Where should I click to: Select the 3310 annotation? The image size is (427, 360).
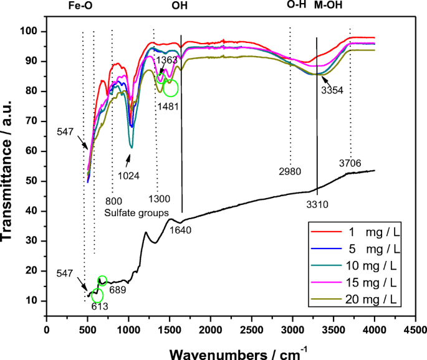(x=319, y=203)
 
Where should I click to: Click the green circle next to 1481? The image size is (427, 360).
(x=170, y=88)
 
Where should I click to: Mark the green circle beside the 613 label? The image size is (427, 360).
(x=97, y=296)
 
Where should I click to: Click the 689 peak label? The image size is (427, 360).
(x=118, y=290)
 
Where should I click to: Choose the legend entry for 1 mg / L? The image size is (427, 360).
(x=368, y=232)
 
